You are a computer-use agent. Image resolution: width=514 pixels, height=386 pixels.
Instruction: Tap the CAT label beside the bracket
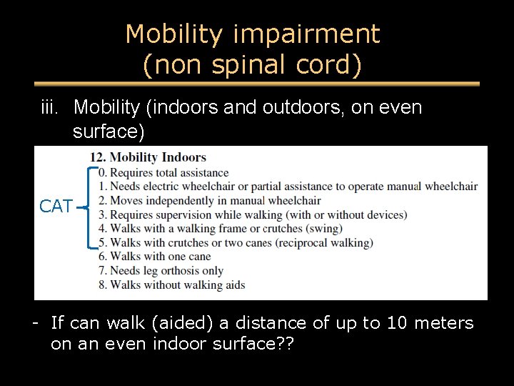56,207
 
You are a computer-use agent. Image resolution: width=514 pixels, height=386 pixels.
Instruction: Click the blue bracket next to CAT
89,207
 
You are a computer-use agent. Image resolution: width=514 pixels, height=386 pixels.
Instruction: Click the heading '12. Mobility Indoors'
148,157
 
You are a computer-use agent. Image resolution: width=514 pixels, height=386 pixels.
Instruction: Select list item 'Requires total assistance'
163,172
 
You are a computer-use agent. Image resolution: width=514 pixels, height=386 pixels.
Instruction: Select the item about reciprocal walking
235,242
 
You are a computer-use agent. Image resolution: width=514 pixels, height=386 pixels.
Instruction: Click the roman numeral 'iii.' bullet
52,108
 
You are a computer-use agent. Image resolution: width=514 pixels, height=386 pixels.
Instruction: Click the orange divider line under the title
256,84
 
